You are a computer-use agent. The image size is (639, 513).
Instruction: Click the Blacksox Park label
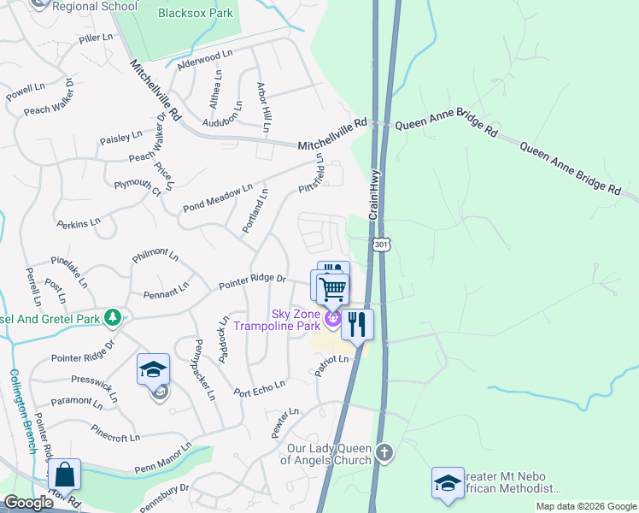tap(196, 13)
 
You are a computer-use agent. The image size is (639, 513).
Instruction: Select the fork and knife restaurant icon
tap(357, 324)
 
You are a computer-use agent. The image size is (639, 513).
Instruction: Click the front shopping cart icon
tap(332, 289)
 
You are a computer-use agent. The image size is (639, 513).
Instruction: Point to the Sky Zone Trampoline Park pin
tap(332, 321)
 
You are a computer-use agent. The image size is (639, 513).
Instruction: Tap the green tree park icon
tap(112, 318)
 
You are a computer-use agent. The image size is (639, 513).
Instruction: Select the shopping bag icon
tap(64, 475)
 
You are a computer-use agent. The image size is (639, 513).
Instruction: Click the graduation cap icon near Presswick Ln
tap(154, 369)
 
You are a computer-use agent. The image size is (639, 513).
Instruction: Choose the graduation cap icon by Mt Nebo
tap(448, 483)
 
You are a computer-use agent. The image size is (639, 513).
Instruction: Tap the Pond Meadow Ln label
tap(218, 198)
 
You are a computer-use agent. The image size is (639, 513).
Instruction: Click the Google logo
tap(28, 503)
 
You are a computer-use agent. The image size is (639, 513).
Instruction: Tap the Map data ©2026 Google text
tap(585, 506)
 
